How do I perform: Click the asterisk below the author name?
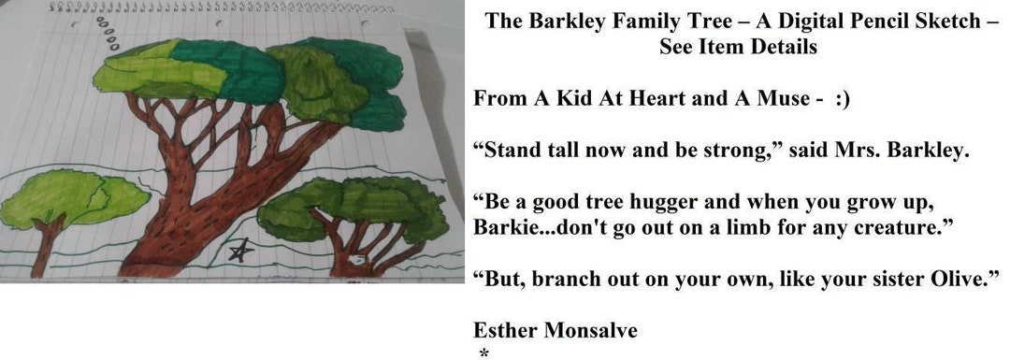click(x=483, y=353)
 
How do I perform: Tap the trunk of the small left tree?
click(x=44, y=248)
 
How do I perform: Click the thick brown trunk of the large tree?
click(x=187, y=224)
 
